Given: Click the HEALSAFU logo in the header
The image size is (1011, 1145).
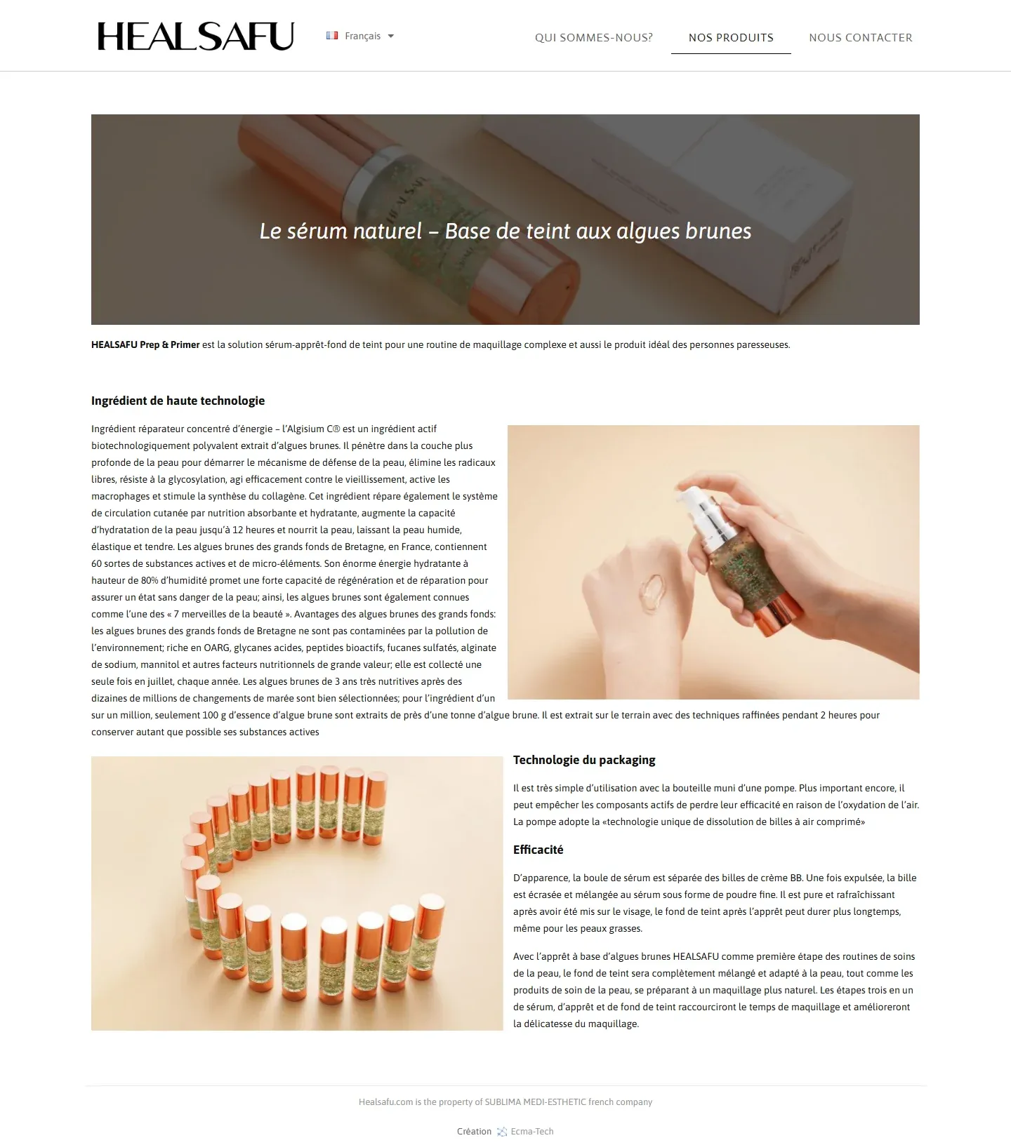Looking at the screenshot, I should (195, 36).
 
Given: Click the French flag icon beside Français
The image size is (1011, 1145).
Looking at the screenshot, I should (332, 36).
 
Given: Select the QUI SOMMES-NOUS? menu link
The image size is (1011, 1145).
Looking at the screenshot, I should (593, 38).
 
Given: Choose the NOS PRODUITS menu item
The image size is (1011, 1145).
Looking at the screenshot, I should (731, 38).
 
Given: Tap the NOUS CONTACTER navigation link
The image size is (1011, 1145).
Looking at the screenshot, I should (860, 38).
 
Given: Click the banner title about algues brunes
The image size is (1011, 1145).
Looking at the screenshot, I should (505, 231).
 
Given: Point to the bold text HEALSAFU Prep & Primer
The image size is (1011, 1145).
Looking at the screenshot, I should (145, 344).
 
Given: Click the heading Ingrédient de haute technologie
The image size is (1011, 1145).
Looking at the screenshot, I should (178, 401).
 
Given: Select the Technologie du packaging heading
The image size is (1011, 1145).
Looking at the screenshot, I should (584, 760).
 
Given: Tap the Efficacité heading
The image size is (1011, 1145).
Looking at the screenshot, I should (538, 850).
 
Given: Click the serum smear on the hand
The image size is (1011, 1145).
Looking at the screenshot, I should (652, 591).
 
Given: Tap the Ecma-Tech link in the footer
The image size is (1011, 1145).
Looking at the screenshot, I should (532, 1132).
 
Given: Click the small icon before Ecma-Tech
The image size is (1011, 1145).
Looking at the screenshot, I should (502, 1132).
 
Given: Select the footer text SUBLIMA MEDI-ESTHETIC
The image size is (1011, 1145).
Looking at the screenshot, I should (535, 1102).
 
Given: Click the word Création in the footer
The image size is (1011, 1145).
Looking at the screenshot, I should (474, 1132).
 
